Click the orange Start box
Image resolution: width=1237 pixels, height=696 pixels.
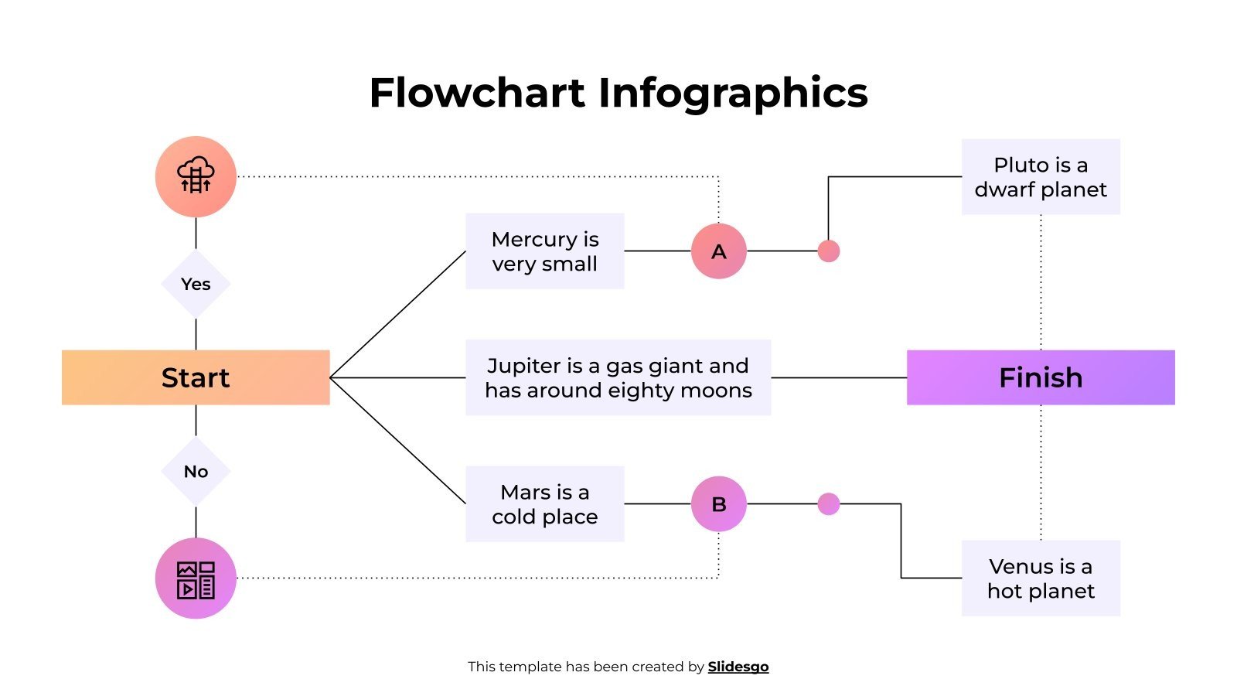click(196, 377)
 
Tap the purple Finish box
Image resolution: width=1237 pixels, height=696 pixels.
click(1041, 377)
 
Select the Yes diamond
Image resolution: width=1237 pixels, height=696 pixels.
click(196, 284)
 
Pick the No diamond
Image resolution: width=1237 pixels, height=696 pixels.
click(196, 471)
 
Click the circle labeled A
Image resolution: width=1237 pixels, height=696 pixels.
click(719, 251)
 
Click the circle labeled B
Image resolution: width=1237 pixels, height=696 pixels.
click(719, 504)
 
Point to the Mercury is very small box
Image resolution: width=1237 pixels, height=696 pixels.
click(545, 251)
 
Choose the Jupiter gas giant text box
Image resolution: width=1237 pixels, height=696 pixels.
click(618, 377)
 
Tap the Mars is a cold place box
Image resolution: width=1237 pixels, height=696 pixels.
click(545, 504)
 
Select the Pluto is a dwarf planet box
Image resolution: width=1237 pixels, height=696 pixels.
click(1041, 177)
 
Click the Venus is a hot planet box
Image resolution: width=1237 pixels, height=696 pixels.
click(1041, 578)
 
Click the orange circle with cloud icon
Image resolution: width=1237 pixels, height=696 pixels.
click(196, 176)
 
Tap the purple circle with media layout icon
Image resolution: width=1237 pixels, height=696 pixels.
click(196, 578)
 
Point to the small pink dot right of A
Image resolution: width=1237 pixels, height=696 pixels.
click(829, 251)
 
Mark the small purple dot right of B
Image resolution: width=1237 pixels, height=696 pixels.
click(829, 504)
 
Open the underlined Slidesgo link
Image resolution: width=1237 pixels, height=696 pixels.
click(738, 667)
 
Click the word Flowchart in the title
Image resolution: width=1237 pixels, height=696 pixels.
click(477, 93)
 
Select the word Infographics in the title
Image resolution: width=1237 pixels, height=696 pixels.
click(733, 93)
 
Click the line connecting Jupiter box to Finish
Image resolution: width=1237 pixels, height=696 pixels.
click(839, 377)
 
